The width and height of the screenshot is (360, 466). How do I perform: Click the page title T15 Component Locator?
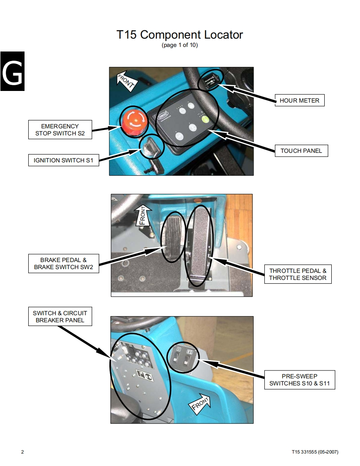pyautogui.click(x=180, y=35)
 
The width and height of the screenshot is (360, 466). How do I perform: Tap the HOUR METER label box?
pyautogui.click(x=299, y=101)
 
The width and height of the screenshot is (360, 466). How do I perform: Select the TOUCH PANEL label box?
pyautogui.click(x=301, y=151)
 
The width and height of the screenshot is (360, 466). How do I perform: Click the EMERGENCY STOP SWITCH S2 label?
pyautogui.click(x=60, y=129)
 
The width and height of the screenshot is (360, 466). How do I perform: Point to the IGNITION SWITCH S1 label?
pyautogui.click(x=64, y=160)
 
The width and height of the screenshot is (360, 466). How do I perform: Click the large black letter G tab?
pyautogui.click(x=12, y=71)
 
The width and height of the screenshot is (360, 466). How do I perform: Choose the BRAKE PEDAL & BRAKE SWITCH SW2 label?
pyautogui.click(x=64, y=264)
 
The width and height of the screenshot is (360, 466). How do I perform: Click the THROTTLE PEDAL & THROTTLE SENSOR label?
pyautogui.click(x=298, y=274)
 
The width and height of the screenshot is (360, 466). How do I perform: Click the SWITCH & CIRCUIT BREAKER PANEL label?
pyautogui.click(x=60, y=316)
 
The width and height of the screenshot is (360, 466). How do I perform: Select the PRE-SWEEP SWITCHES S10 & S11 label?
pyautogui.click(x=299, y=380)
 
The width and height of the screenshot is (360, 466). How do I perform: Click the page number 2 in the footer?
pyautogui.click(x=22, y=452)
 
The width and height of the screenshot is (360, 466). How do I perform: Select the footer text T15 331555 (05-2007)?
pyautogui.click(x=315, y=452)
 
